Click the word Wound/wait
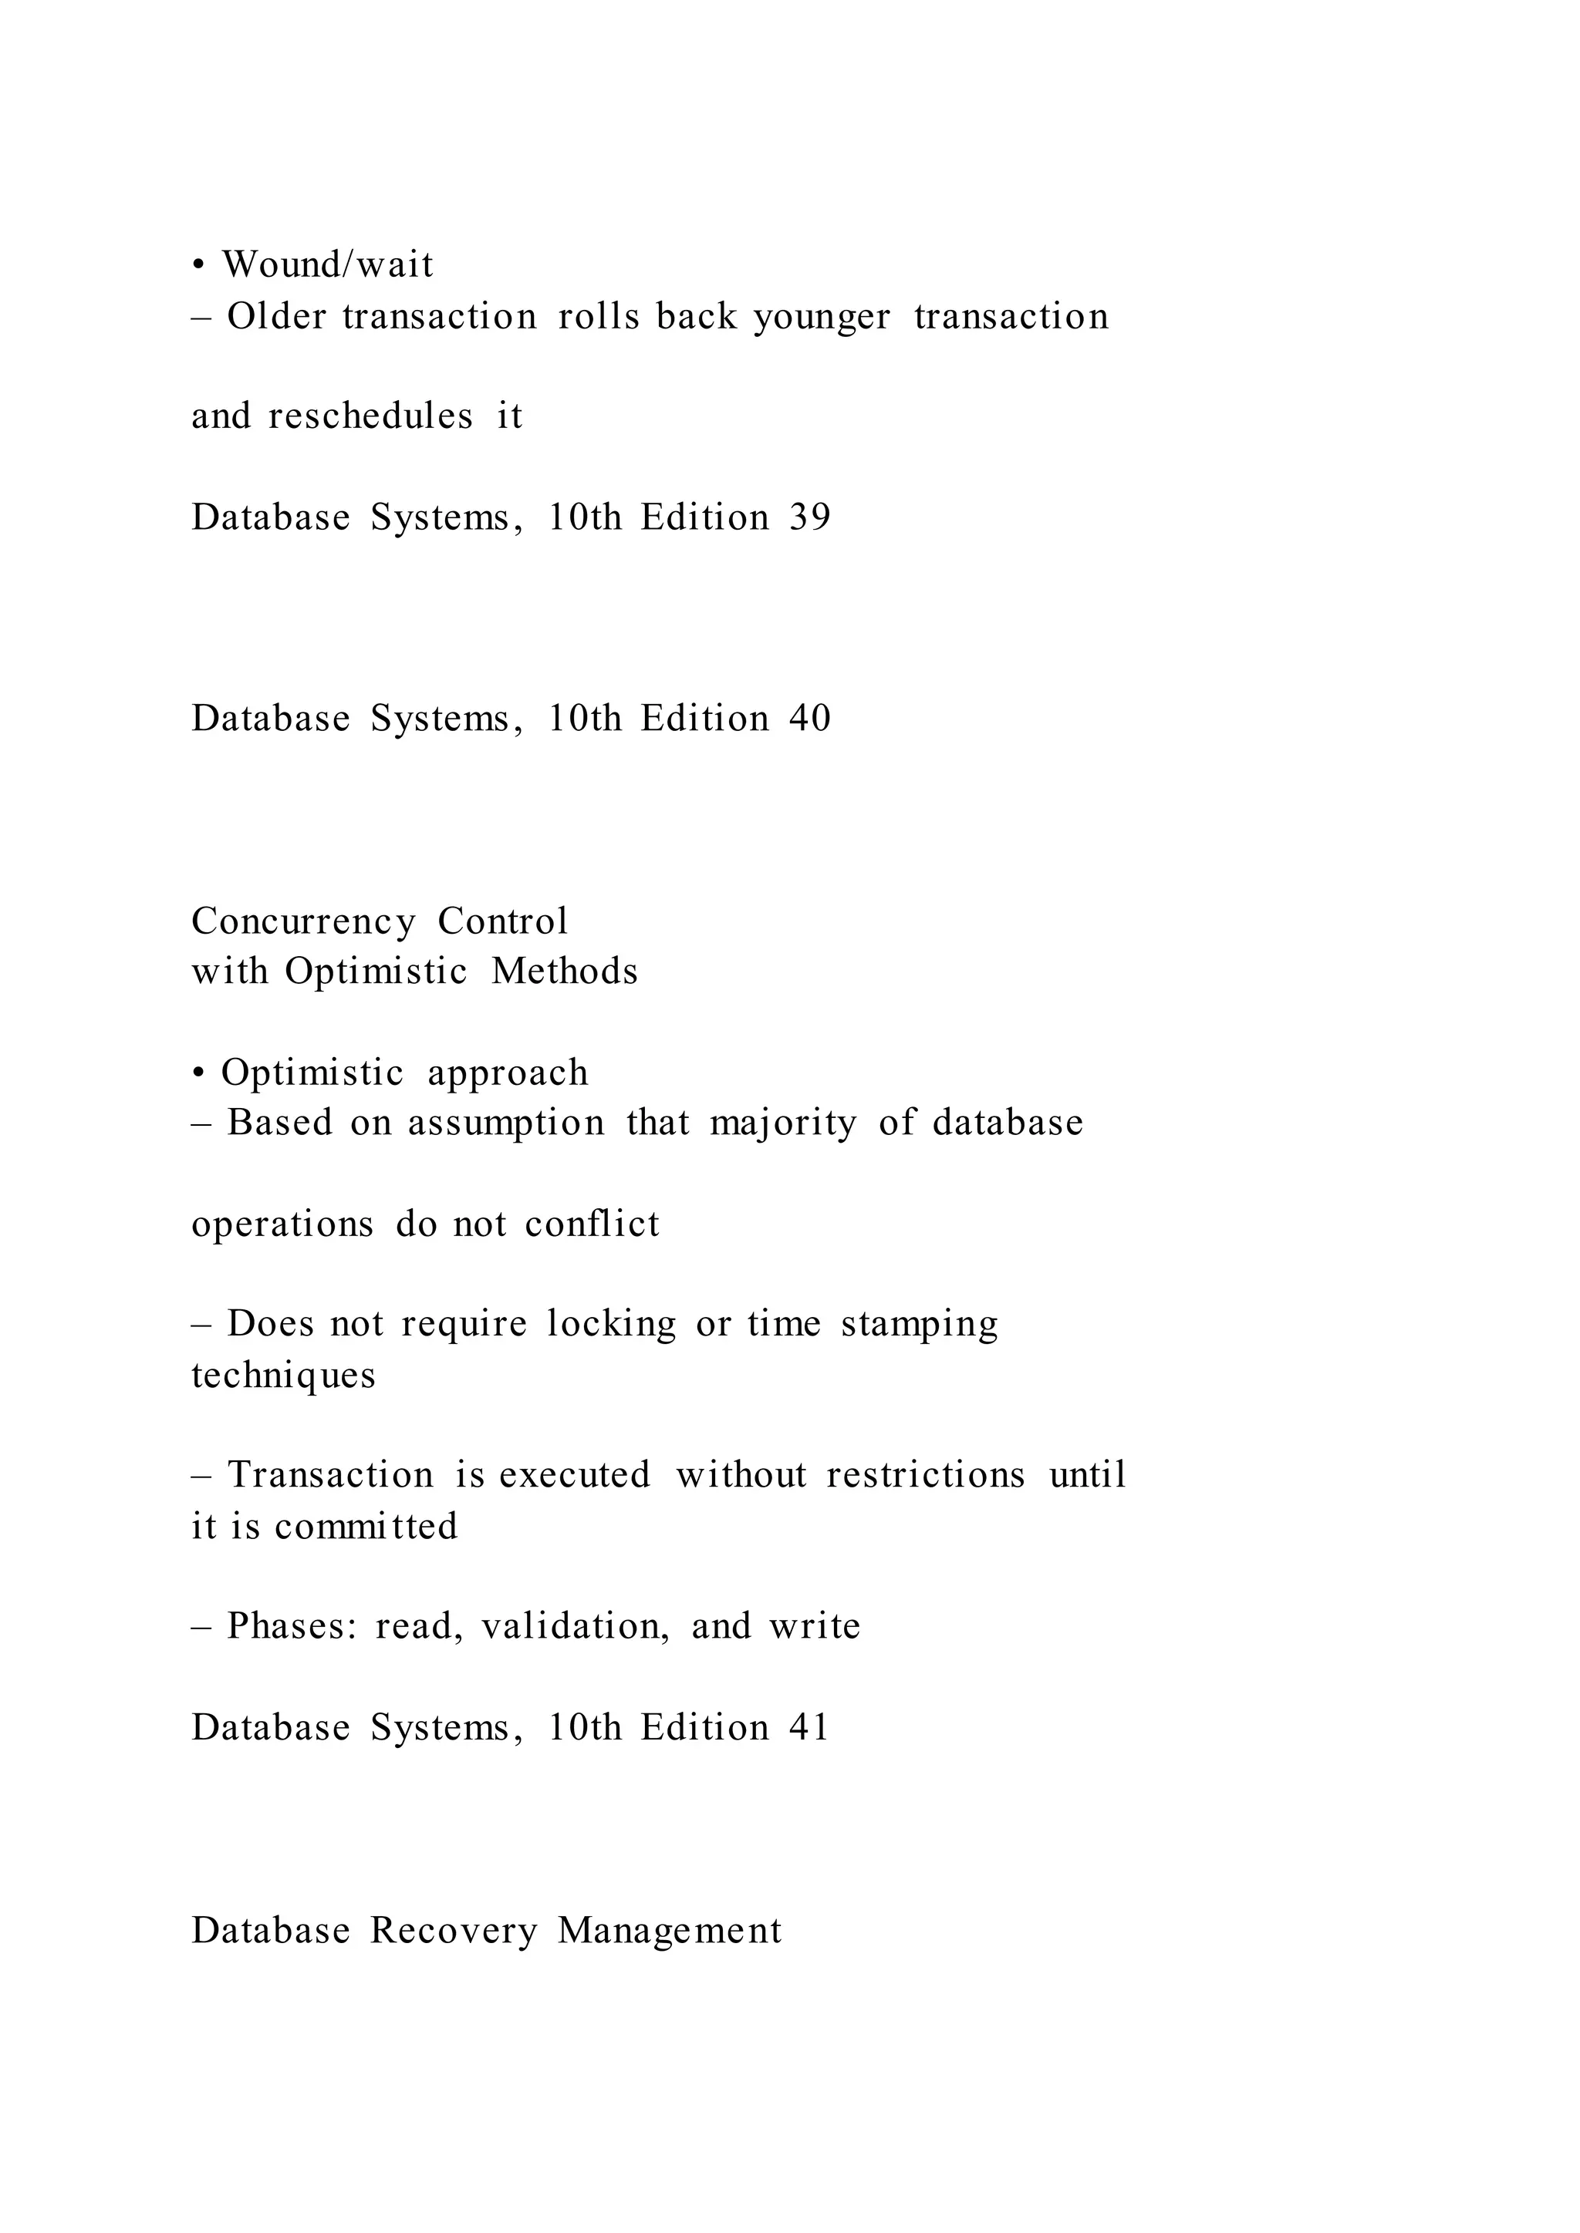point(327,264)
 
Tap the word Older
point(276,316)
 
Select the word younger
point(822,318)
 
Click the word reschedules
point(370,416)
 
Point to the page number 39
point(809,517)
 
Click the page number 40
point(809,719)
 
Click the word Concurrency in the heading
point(303,921)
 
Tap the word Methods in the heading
point(564,972)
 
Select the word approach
point(508,1073)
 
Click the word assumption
point(506,1124)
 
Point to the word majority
point(783,1124)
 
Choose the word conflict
point(592,1224)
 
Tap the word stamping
point(920,1325)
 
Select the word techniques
point(283,1376)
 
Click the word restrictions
point(925,1475)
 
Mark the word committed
point(366,1526)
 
